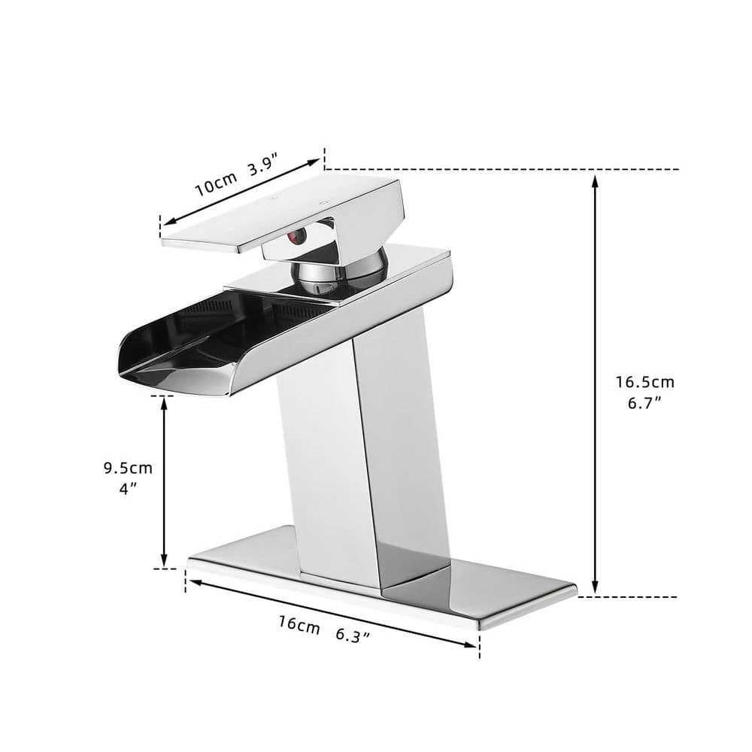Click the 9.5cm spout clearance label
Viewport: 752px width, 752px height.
128,468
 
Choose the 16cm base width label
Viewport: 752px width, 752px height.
299,623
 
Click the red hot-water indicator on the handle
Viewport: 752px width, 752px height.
296,239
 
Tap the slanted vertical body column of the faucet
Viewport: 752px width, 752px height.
353,451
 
